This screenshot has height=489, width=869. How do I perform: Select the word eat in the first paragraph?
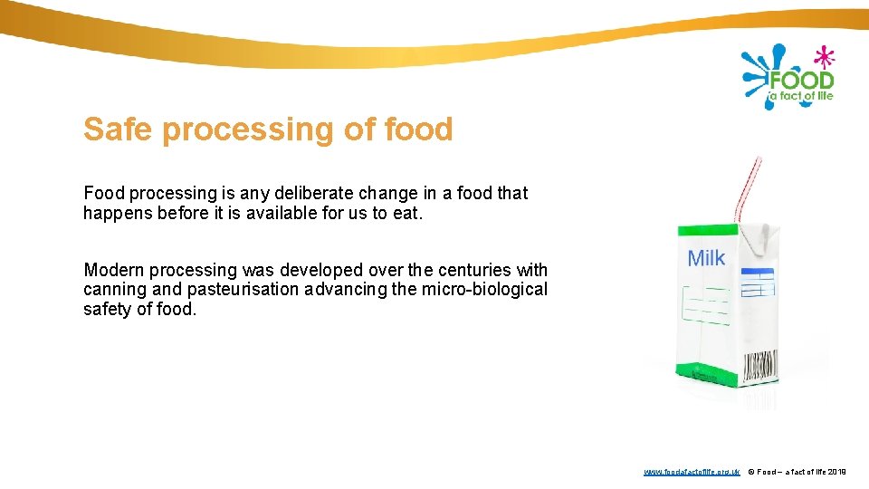(x=407, y=214)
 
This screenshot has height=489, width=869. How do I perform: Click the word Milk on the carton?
(x=706, y=259)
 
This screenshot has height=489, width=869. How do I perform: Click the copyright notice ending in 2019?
(x=797, y=472)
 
